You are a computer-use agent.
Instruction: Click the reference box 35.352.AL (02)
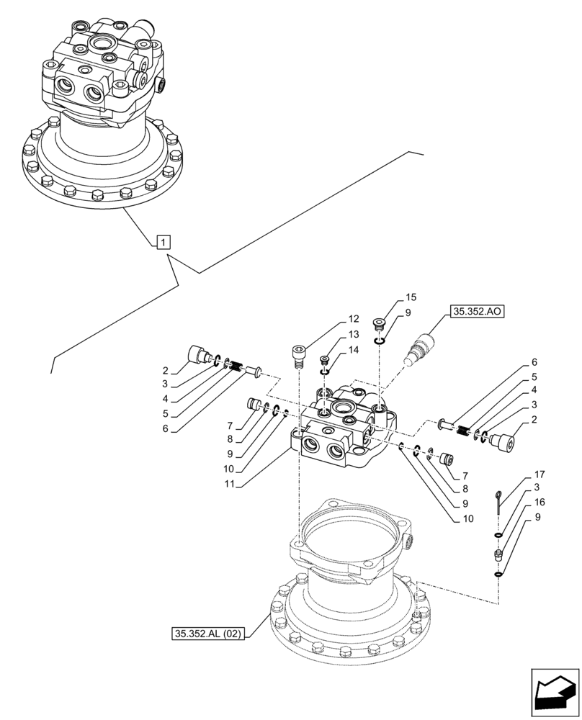pos(209,634)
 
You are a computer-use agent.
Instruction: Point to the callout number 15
pos(411,297)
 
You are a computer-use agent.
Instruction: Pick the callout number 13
pos(353,334)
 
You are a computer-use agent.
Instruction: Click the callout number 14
pos(353,349)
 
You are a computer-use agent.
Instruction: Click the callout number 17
pos(540,474)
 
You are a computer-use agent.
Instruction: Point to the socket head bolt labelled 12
pos(297,356)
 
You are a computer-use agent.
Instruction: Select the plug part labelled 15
pos(379,323)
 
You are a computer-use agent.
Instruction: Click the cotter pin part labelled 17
pos(498,503)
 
